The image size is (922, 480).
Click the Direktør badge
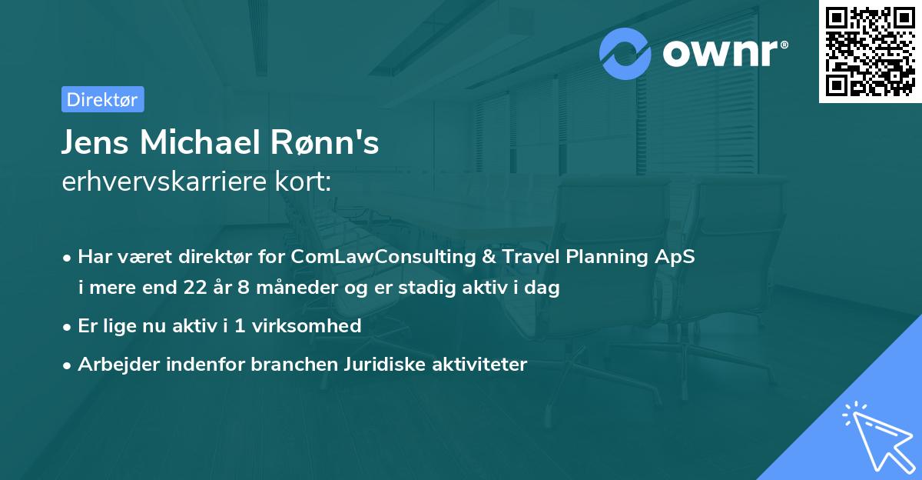[102, 99]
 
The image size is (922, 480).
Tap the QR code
[870, 52]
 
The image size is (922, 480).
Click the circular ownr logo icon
[625, 54]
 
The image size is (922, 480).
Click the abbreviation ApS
[676, 257]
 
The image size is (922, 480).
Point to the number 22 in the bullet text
[196, 288]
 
